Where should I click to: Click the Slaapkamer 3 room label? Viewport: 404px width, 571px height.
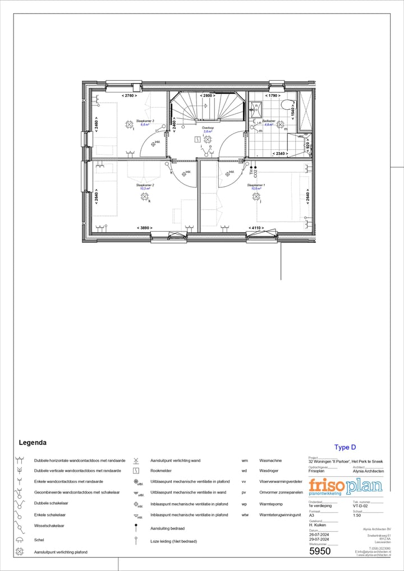[x=145, y=121]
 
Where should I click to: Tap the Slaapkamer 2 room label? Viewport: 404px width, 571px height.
[x=145, y=185]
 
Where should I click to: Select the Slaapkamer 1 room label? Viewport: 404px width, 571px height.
[x=256, y=185]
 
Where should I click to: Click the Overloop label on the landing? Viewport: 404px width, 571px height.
[x=208, y=128]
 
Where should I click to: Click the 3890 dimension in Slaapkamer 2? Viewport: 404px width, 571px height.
[x=145, y=228]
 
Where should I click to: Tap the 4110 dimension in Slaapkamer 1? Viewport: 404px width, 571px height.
[x=256, y=228]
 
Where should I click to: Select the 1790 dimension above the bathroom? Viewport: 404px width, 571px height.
[x=273, y=96]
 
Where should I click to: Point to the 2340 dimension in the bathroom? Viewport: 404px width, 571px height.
[x=279, y=153]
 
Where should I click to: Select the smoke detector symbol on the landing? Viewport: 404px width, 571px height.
[x=206, y=137]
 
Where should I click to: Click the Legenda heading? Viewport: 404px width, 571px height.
[x=33, y=443]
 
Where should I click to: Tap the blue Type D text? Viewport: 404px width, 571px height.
[x=345, y=447]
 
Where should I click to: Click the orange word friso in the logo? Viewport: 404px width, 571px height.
[x=327, y=485]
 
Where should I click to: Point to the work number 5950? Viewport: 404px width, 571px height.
[x=320, y=551]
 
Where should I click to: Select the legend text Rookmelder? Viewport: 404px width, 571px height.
[x=160, y=471]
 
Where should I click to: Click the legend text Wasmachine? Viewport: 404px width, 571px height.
[x=270, y=461]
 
